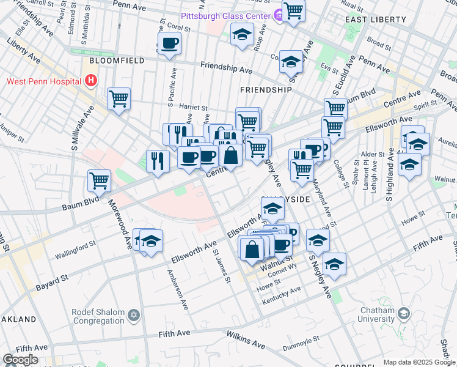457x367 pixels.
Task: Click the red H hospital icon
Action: click(91, 80)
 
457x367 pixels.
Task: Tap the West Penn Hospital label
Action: click(43, 81)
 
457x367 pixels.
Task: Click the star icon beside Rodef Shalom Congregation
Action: click(134, 316)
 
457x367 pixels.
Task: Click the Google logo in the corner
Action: click(20, 360)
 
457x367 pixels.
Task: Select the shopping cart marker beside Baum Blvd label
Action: click(99, 180)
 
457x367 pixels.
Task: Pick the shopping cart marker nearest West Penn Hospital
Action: click(119, 98)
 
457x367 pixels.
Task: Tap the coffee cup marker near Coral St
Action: click(169, 43)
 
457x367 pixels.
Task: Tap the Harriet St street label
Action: click(193, 106)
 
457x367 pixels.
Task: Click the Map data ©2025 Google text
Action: click(419, 362)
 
